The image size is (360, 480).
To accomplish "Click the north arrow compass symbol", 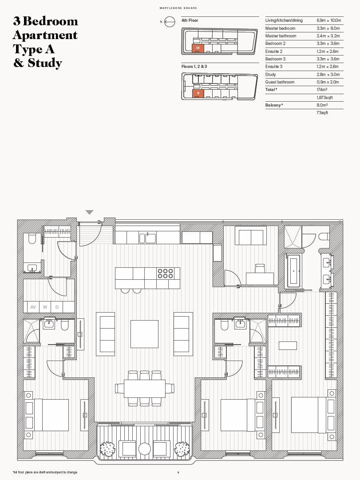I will point(169,21).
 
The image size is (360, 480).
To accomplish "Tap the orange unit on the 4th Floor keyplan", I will point(198,48).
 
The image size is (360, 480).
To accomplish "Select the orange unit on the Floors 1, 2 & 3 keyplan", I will point(198,93).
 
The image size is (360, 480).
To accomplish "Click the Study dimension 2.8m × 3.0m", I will point(328,75).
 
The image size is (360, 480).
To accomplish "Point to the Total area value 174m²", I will point(322,90).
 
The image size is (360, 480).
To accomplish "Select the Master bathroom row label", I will point(281,36).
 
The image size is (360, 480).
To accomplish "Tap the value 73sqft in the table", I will point(322,113).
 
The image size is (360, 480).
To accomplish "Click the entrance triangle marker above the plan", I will point(90,213).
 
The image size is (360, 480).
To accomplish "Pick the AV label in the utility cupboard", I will point(33,307).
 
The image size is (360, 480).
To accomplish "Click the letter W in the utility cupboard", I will point(45,307).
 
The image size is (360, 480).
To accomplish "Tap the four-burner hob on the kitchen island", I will point(165,273).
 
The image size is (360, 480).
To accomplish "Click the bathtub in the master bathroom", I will point(293,271).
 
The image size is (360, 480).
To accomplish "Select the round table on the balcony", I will point(145,449).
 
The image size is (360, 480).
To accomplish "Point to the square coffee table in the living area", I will point(144,333).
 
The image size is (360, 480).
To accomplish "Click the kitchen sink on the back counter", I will point(148,238).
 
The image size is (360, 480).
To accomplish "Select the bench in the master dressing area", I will point(288,345).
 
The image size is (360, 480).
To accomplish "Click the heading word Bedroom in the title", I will point(50,21).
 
